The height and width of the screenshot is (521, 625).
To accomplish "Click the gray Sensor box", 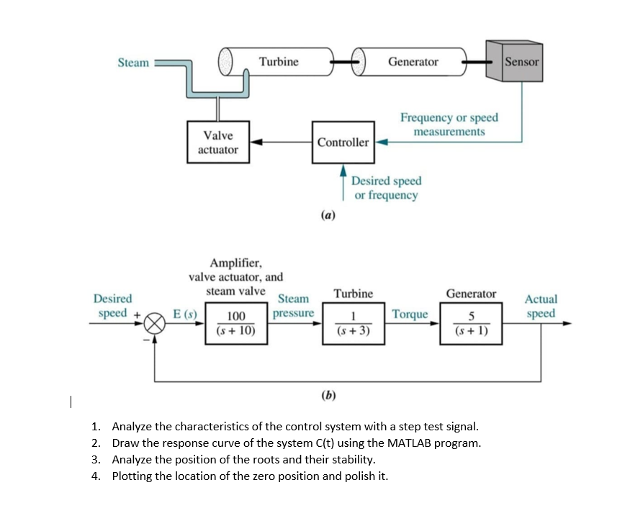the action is click(x=514, y=61).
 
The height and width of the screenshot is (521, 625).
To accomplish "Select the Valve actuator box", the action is click(x=218, y=142).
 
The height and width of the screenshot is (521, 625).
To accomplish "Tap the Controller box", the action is click(x=343, y=142).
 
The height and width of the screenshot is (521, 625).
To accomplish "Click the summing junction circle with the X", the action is click(x=154, y=323).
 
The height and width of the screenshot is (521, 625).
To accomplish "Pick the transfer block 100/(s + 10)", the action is click(x=236, y=323).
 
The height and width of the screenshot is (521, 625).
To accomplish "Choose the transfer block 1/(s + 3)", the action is click(x=354, y=323).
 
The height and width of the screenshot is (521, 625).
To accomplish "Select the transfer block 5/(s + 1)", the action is click(x=471, y=323).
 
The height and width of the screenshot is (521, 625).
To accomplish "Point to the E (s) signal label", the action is click(x=185, y=314).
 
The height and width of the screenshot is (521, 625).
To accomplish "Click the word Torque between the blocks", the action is click(x=410, y=314).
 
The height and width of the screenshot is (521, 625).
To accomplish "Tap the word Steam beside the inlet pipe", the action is click(x=133, y=63).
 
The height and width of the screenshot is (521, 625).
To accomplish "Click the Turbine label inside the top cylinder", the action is click(x=279, y=61).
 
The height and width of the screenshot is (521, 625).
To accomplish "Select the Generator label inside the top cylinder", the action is click(x=413, y=61).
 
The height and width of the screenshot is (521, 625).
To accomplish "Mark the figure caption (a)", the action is click(x=328, y=215).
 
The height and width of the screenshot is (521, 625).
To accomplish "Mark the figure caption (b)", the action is click(x=328, y=395).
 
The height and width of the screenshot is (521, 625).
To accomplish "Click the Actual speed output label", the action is click(x=541, y=306).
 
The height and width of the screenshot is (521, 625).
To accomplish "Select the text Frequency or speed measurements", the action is click(x=449, y=124).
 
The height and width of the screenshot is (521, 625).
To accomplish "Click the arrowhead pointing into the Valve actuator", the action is click(x=256, y=142).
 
